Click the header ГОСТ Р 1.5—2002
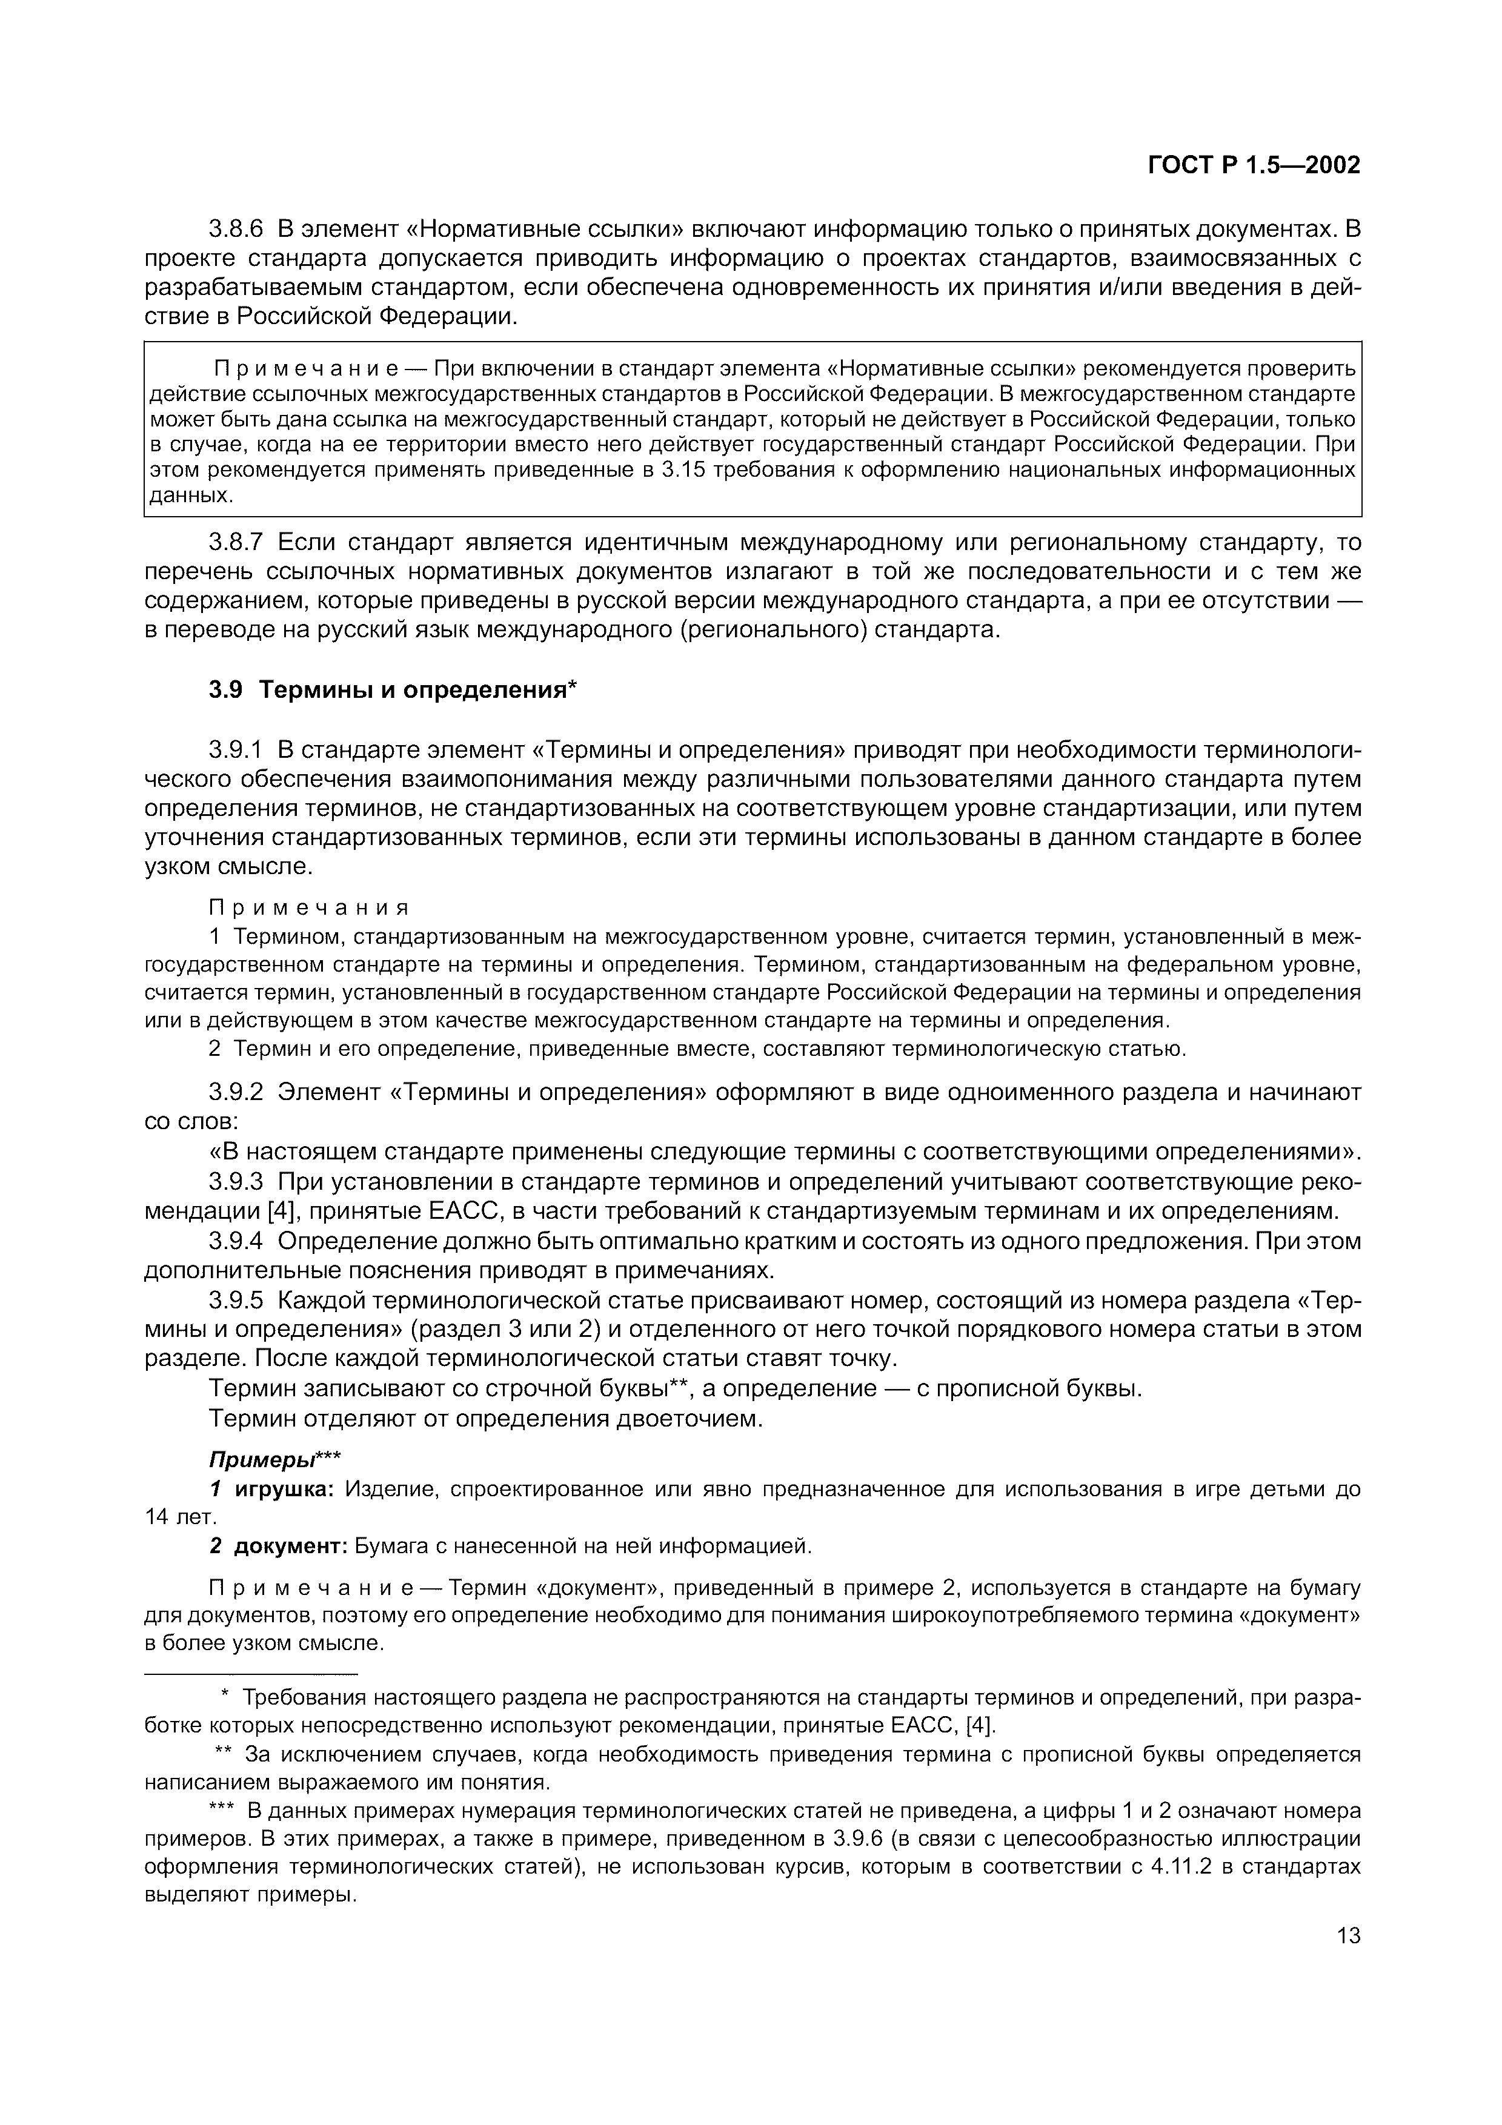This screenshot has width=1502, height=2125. (x=1254, y=165)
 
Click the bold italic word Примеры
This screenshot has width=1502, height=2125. (x=262, y=1459)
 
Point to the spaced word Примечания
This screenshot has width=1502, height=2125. (x=308, y=907)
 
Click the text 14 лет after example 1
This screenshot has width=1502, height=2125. (x=179, y=1517)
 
